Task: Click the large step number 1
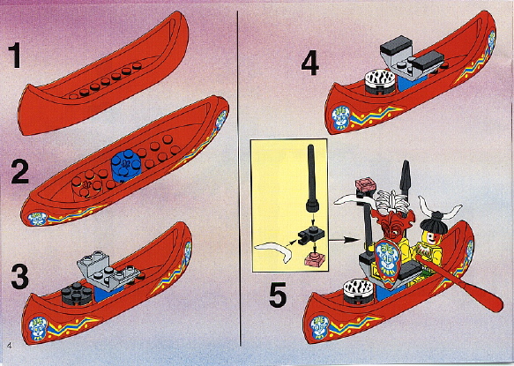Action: click(x=15, y=56)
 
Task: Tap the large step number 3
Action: click(x=20, y=276)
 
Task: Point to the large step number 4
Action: click(x=309, y=63)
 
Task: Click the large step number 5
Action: click(x=278, y=295)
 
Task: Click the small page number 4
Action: click(x=9, y=345)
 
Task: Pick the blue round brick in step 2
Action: click(x=126, y=165)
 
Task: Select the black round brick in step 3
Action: click(x=77, y=293)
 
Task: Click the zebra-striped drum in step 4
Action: click(x=381, y=81)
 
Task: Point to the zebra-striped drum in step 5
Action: click(x=358, y=291)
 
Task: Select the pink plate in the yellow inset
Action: click(x=314, y=259)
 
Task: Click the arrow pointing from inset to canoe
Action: click(x=344, y=241)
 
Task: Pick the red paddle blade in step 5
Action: click(x=485, y=298)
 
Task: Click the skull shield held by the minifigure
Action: click(x=388, y=260)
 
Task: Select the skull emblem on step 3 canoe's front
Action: click(x=37, y=329)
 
